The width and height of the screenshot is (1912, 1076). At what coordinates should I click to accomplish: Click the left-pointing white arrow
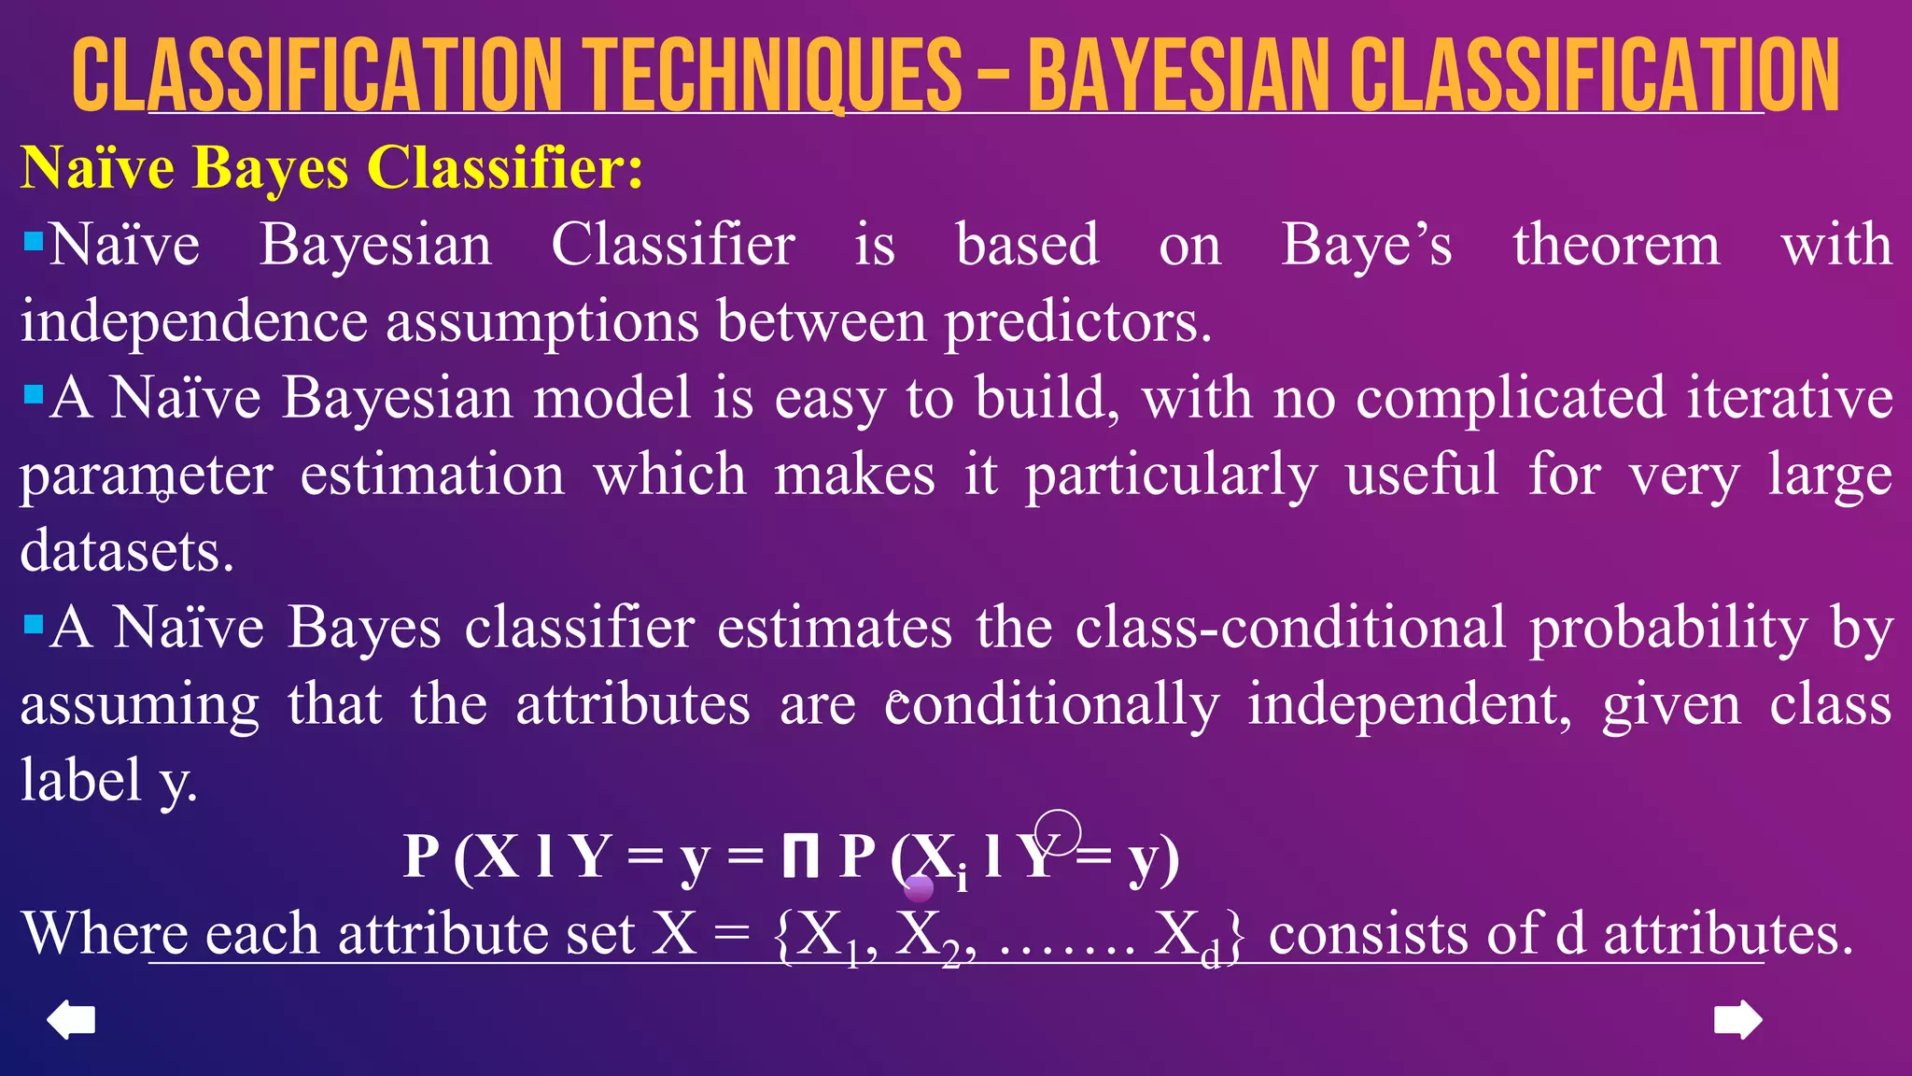pyautogui.click(x=71, y=1019)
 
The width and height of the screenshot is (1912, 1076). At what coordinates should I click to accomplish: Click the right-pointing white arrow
pyautogui.click(x=1738, y=1019)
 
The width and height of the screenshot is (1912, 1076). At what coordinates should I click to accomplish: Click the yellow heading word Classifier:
pyautogui.click(x=504, y=168)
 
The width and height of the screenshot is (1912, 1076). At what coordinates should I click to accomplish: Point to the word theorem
pyautogui.click(x=1616, y=246)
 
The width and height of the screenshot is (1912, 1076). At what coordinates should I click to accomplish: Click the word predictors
pyautogui.click(x=1077, y=322)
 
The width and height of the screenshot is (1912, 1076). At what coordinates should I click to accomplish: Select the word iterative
pyautogui.click(x=1790, y=398)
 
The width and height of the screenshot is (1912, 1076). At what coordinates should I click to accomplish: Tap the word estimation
pyautogui.click(x=432, y=474)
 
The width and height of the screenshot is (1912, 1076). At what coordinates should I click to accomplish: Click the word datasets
pyautogui.click(x=127, y=551)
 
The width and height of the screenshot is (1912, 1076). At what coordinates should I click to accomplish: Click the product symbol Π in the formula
pyautogui.click(x=800, y=857)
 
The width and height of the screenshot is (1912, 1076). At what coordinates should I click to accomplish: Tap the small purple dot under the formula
pyautogui.click(x=919, y=887)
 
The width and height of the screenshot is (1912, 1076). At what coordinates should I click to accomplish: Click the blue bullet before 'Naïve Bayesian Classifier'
pyautogui.click(x=34, y=243)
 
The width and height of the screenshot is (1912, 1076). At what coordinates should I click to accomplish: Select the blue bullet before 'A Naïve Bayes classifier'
pyautogui.click(x=34, y=624)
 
